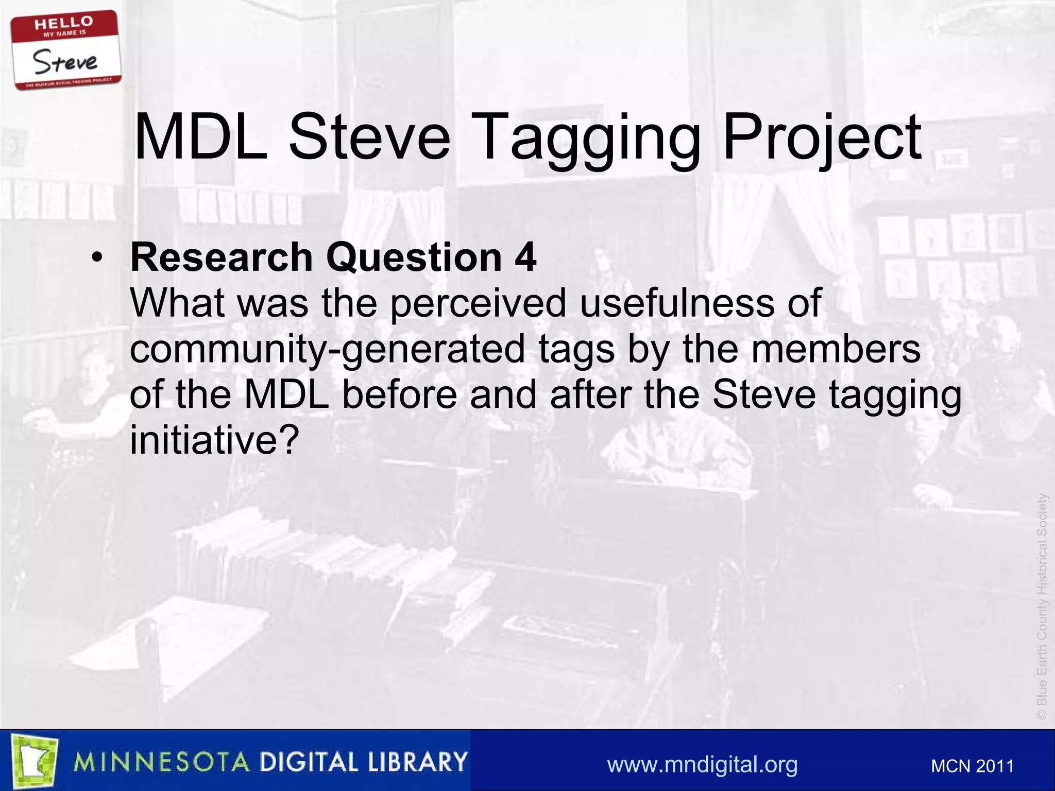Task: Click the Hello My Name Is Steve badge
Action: [x=66, y=50]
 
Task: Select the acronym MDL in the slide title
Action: [x=200, y=138]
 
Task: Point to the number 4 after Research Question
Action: [x=525, y=257]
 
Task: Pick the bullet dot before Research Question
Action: [x=96, y=257]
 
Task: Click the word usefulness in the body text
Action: [x=676, y=303]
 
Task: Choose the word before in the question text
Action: [x=399, y=394]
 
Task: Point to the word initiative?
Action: [x=214, y=440]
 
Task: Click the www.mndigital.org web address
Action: [x=702, y=764]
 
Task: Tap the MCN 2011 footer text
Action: [x=972, y=766]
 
